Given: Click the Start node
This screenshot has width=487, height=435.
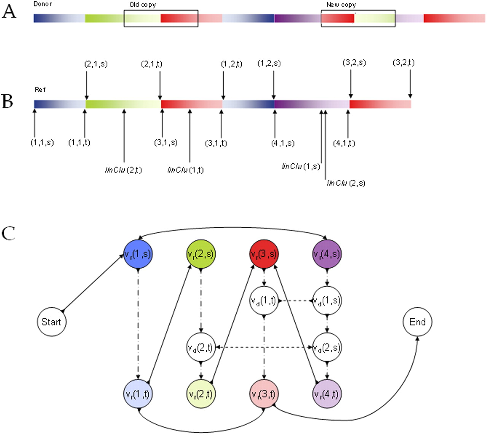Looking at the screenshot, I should (x=51, y=322).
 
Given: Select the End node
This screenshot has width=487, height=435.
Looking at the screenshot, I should (x=417, y=322).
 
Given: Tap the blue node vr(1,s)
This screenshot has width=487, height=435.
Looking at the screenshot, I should (x=138, y=254).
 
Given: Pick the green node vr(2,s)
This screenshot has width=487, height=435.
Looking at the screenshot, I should (x=201, y=254).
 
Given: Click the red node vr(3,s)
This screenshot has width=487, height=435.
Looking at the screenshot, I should (x=264, y=254).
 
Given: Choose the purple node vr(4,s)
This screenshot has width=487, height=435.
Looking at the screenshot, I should (x=327, y=254).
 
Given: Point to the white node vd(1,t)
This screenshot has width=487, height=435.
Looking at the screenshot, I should (x=264, y=301).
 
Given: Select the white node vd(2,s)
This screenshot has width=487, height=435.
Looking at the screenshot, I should (x=327, y=347).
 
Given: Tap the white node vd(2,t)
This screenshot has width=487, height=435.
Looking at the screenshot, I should (x=201, y=347).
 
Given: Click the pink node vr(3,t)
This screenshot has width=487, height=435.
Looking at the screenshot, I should (x=264, y=394).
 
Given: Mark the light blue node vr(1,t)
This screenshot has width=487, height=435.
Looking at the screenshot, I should (x=138, y=394).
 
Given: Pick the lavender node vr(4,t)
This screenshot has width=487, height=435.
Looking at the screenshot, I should (x=327, y=394).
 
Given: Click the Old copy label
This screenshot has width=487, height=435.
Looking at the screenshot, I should (x=143, y=5).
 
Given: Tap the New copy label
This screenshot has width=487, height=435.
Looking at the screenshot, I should (x=341, y=5).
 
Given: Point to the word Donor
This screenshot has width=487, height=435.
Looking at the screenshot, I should (x=43, y=4).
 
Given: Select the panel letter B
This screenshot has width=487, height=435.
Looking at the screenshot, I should (x=8, y=102).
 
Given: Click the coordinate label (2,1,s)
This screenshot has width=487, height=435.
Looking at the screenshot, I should (x=96, y=64).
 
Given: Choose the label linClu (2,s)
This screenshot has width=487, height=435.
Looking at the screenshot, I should (x=346, y=183).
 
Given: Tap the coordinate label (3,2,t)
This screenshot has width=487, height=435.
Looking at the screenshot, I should (x=404, y=62).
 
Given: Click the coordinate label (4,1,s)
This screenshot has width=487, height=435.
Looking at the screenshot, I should (x=283, y=143).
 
